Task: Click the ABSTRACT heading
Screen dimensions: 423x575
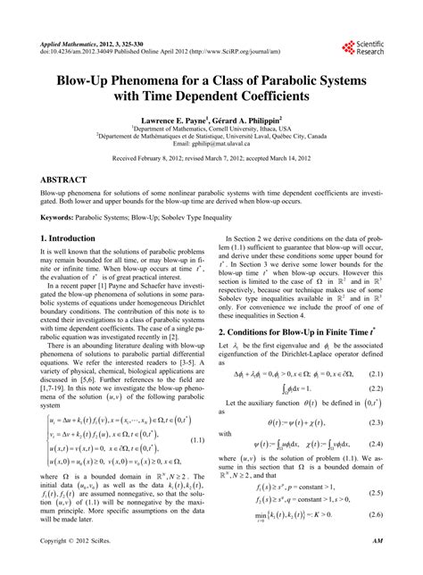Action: (69, 179)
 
